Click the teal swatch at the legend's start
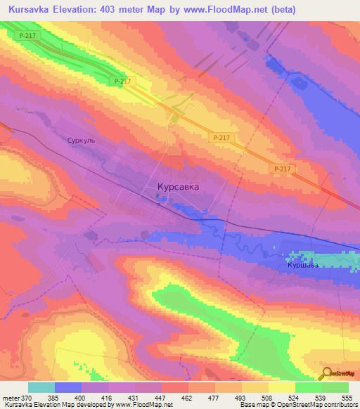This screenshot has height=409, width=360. [41, 387]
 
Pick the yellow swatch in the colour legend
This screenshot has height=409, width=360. [281, 387]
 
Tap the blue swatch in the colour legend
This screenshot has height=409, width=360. [68, 387]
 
